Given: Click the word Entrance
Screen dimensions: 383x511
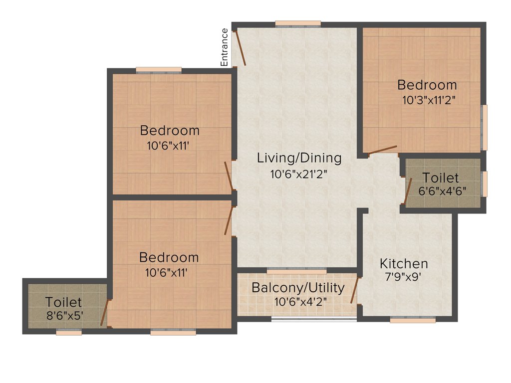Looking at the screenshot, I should click(x=225, y=47).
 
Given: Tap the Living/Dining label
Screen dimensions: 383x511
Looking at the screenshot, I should click(x=299, y=158).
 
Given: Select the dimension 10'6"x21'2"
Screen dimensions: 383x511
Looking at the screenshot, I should click(x=299, y=174).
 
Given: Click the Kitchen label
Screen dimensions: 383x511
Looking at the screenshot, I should click(x=404, y=263).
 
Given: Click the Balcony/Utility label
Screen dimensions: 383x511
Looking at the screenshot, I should click(x=298, y=288).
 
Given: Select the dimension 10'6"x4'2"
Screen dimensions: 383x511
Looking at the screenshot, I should click(x=297, y=302).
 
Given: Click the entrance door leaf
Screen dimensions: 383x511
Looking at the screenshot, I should click(x=241, y=48).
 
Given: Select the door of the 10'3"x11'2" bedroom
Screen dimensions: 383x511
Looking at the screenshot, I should click(x=383, y=150).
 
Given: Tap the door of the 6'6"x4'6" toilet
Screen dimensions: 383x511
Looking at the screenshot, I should click(x=408, y=192).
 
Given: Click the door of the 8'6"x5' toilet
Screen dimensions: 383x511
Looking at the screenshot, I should click(x=104, y=313).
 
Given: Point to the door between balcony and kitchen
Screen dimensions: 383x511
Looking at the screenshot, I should click(x=355, y=291).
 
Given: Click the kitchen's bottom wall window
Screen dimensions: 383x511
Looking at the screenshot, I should click(x=413, y=321).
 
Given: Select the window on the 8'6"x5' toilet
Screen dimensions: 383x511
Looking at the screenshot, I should click(x=69, y=333).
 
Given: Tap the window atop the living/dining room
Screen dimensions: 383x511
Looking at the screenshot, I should click(x=298, y=23).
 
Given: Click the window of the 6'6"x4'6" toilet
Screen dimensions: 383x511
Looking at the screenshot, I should click(x=484, y=184).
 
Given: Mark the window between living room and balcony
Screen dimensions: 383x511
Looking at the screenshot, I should click(x=297, y=271).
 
